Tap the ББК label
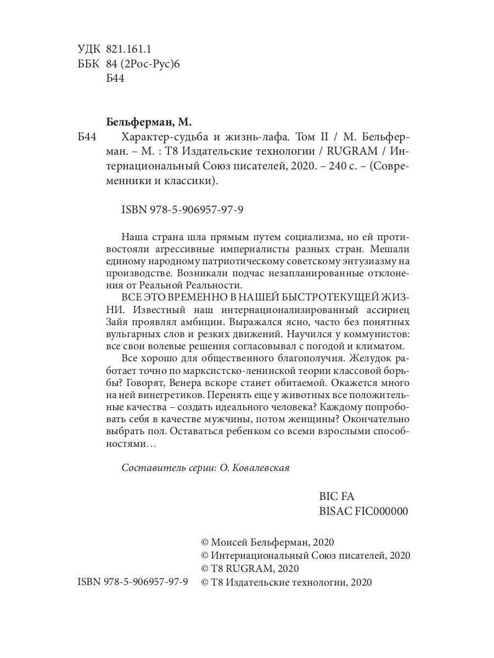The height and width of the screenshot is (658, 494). [88, 64]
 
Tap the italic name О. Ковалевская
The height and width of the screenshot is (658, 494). [254, 467]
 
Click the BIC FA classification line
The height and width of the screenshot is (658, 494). [336, 496]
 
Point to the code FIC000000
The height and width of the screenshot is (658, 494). [381, 511]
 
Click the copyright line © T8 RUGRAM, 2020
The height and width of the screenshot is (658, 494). [250, 569]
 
